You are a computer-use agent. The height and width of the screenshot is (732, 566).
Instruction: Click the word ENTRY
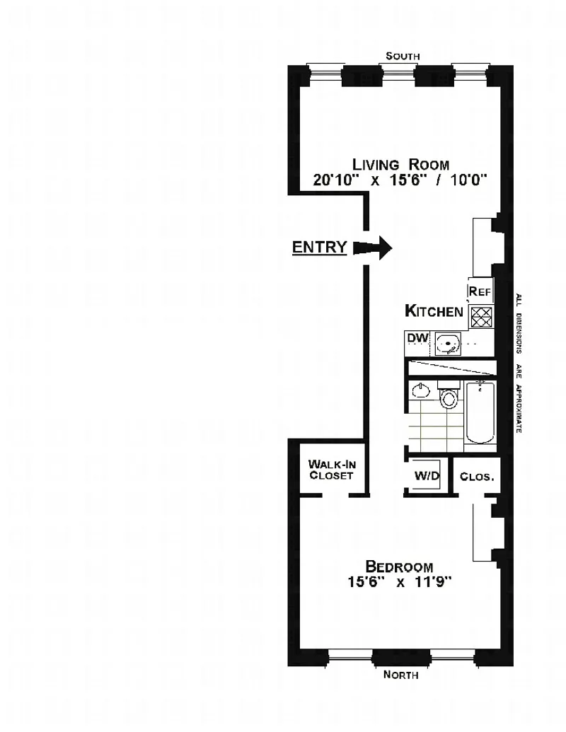319,248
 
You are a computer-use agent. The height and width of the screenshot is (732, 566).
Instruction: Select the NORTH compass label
400,675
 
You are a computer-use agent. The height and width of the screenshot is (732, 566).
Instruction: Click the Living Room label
401,164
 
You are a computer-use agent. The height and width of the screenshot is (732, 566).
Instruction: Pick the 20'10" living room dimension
340,180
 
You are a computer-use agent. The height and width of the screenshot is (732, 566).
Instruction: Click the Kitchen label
434,310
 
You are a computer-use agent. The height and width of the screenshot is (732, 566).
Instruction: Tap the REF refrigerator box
479,291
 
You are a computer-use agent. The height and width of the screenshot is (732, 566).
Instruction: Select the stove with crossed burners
481,317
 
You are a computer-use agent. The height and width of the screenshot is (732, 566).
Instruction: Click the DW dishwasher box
417,338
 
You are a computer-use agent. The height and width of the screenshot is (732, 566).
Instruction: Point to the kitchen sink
447,345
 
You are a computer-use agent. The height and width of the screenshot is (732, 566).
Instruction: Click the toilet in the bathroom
449,396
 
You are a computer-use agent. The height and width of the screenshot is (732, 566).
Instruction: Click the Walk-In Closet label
331,470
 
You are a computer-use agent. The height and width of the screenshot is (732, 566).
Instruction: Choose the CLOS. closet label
476,477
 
